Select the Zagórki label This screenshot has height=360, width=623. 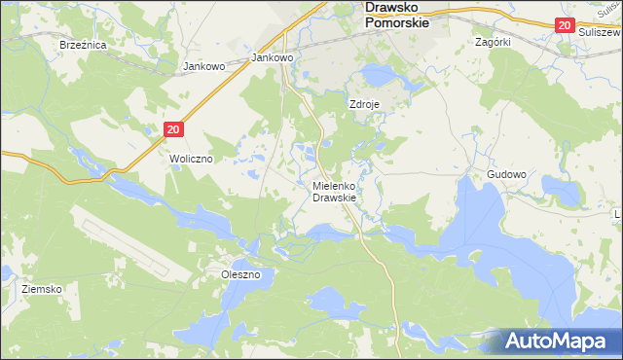tap(493, 43)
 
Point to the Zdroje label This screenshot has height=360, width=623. tap(364, 103)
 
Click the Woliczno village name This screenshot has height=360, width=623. tap(192, 158)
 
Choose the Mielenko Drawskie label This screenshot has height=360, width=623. tap(335, 192)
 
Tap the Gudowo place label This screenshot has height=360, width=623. tap(506, 175)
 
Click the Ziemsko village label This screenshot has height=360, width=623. tap(43, 290)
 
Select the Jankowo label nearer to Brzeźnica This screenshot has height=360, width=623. tap(204, 67)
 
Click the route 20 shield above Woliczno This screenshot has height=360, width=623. tap(173, 128)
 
